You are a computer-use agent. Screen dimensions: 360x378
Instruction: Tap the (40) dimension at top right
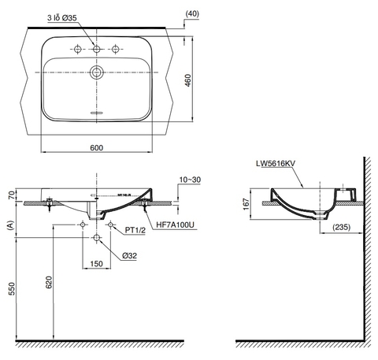193,13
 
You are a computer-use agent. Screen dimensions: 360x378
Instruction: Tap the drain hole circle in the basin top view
96,74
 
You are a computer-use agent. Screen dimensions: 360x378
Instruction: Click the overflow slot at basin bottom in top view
96,113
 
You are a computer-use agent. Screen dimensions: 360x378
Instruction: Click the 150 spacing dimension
96,264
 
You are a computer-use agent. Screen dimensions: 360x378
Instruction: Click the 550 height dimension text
9,289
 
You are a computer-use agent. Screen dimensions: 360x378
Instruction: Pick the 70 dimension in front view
9,195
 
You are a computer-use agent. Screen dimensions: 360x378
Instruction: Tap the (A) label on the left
9,225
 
